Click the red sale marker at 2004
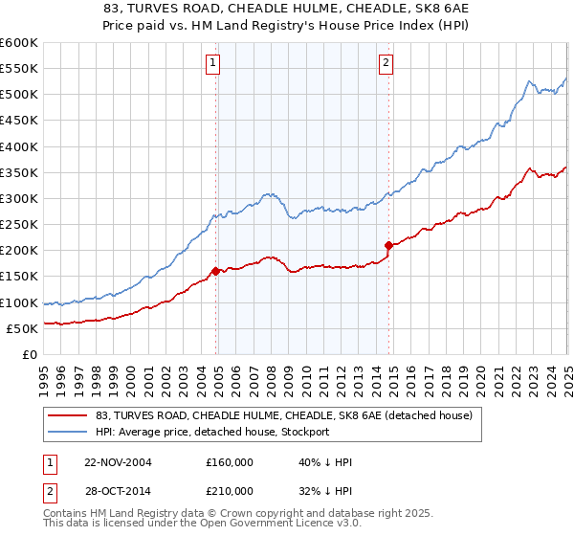216,271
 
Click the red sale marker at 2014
388,245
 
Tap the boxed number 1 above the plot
211,64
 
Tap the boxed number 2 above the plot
385,64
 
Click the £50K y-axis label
22,329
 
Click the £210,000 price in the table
228,490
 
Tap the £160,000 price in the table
228,462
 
